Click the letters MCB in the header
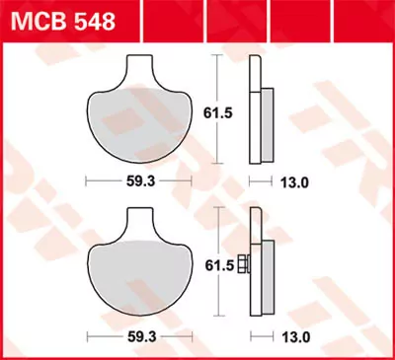(32, 20)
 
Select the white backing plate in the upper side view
(255, 108)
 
